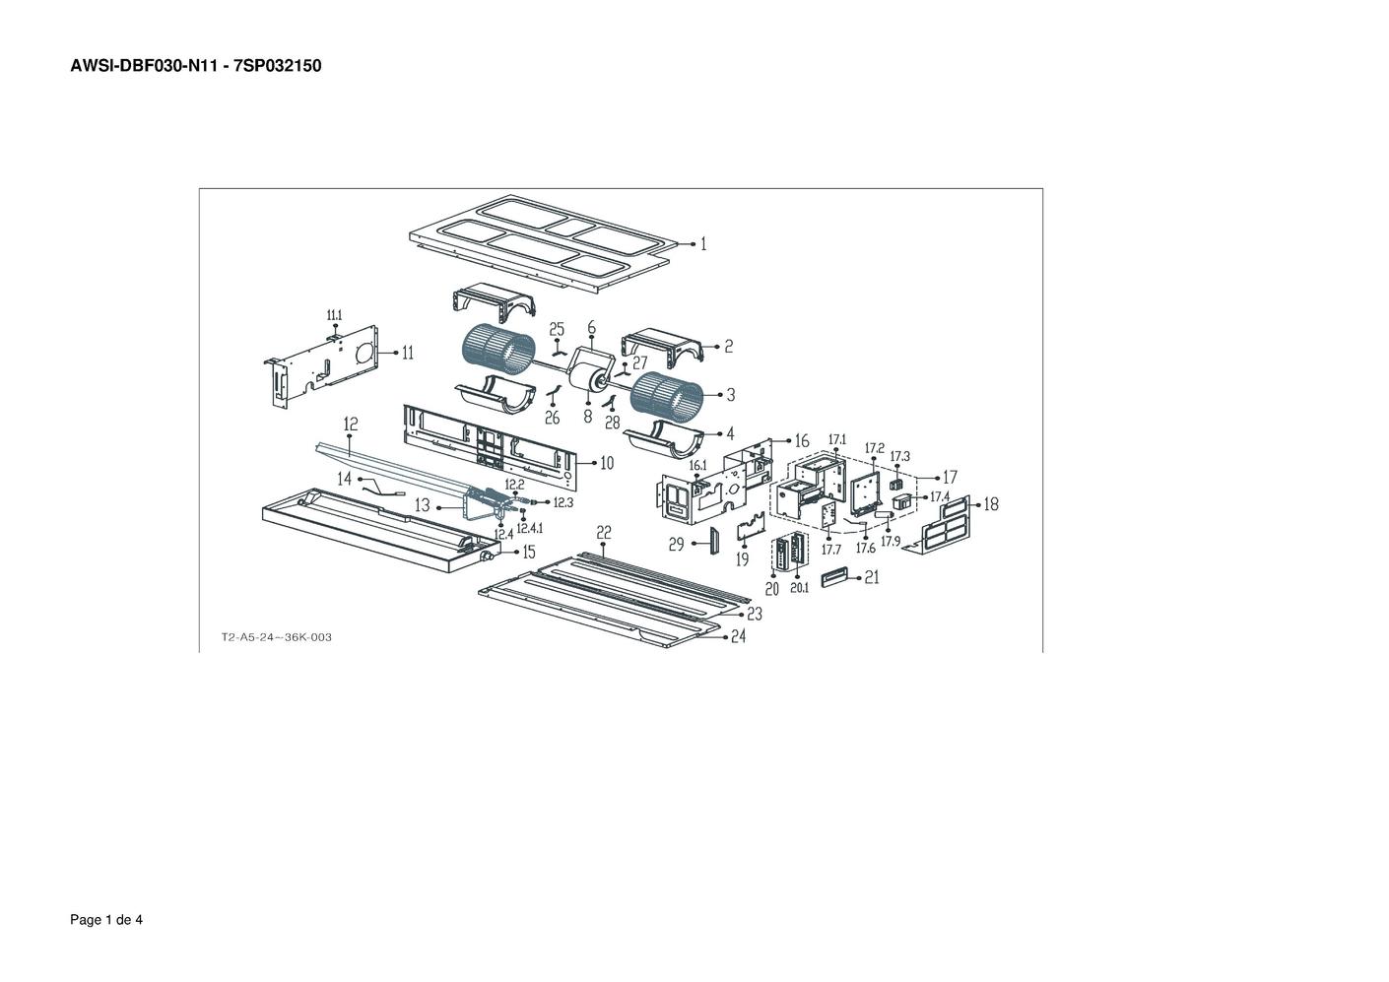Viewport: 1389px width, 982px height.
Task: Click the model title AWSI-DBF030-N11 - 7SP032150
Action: (196, 66)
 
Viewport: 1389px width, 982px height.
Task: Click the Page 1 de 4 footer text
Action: (106, 920)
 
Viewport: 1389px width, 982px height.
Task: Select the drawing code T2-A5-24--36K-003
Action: (277, 637)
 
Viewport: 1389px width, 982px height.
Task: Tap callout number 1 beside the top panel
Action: (703, 244)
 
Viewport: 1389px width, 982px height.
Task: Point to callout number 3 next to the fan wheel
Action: (731, 394)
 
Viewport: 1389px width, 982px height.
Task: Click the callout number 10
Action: (607, 463)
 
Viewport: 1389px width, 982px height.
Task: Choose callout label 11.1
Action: (334, 315)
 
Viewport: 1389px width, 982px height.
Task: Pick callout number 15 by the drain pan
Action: (528, 552)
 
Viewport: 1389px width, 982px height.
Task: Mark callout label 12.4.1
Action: (530, 528)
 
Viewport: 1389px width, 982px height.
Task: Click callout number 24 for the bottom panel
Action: (738, 636)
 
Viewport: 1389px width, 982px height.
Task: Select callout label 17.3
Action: (899, 456)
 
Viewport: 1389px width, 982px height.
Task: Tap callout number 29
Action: (676, 545)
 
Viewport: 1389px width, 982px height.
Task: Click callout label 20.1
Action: (799, 588)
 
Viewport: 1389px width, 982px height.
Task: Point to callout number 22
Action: (603, 533)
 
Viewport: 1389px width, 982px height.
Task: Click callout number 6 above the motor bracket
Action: (592, 327)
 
